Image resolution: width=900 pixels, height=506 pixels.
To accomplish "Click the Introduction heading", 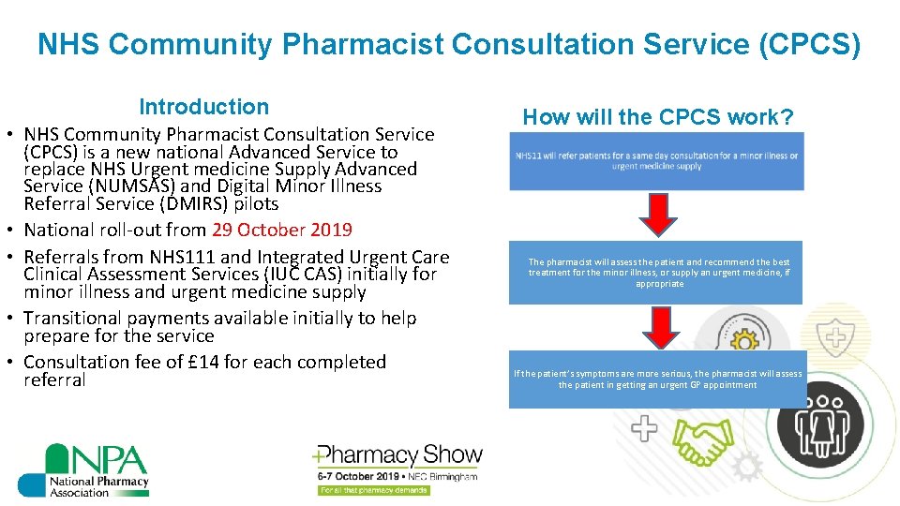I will click(203, 107).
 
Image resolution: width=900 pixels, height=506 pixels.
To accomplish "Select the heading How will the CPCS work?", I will click(658, 117).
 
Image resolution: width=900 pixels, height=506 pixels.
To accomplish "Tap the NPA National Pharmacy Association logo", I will click(83, 469).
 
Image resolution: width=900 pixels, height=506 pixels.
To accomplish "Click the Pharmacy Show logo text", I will click(398, 456).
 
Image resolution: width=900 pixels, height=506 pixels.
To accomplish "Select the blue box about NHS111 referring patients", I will click(656, 161).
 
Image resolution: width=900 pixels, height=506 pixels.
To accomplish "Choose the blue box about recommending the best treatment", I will click(656, 273).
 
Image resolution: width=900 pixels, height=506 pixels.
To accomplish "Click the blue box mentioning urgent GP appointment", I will click(657, 379).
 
